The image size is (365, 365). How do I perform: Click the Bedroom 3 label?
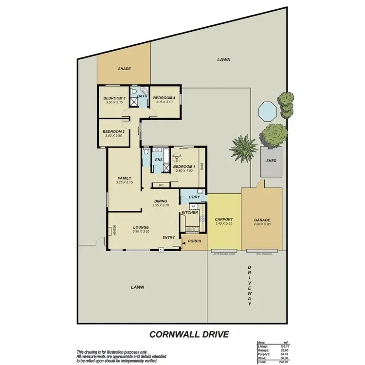114,98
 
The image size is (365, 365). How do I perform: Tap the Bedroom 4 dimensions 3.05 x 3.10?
163,102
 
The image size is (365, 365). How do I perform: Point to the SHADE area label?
125,69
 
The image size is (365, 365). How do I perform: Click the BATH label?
142,96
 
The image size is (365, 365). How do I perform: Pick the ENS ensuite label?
158,160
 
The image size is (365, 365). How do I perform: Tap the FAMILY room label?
125,178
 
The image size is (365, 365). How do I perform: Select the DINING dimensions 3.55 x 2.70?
161,205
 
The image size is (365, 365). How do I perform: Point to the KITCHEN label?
189,213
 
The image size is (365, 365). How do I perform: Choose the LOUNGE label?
141,227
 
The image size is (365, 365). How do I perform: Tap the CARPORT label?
224,219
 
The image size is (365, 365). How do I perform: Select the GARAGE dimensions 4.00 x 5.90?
262,224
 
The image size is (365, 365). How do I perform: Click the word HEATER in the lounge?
114,230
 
